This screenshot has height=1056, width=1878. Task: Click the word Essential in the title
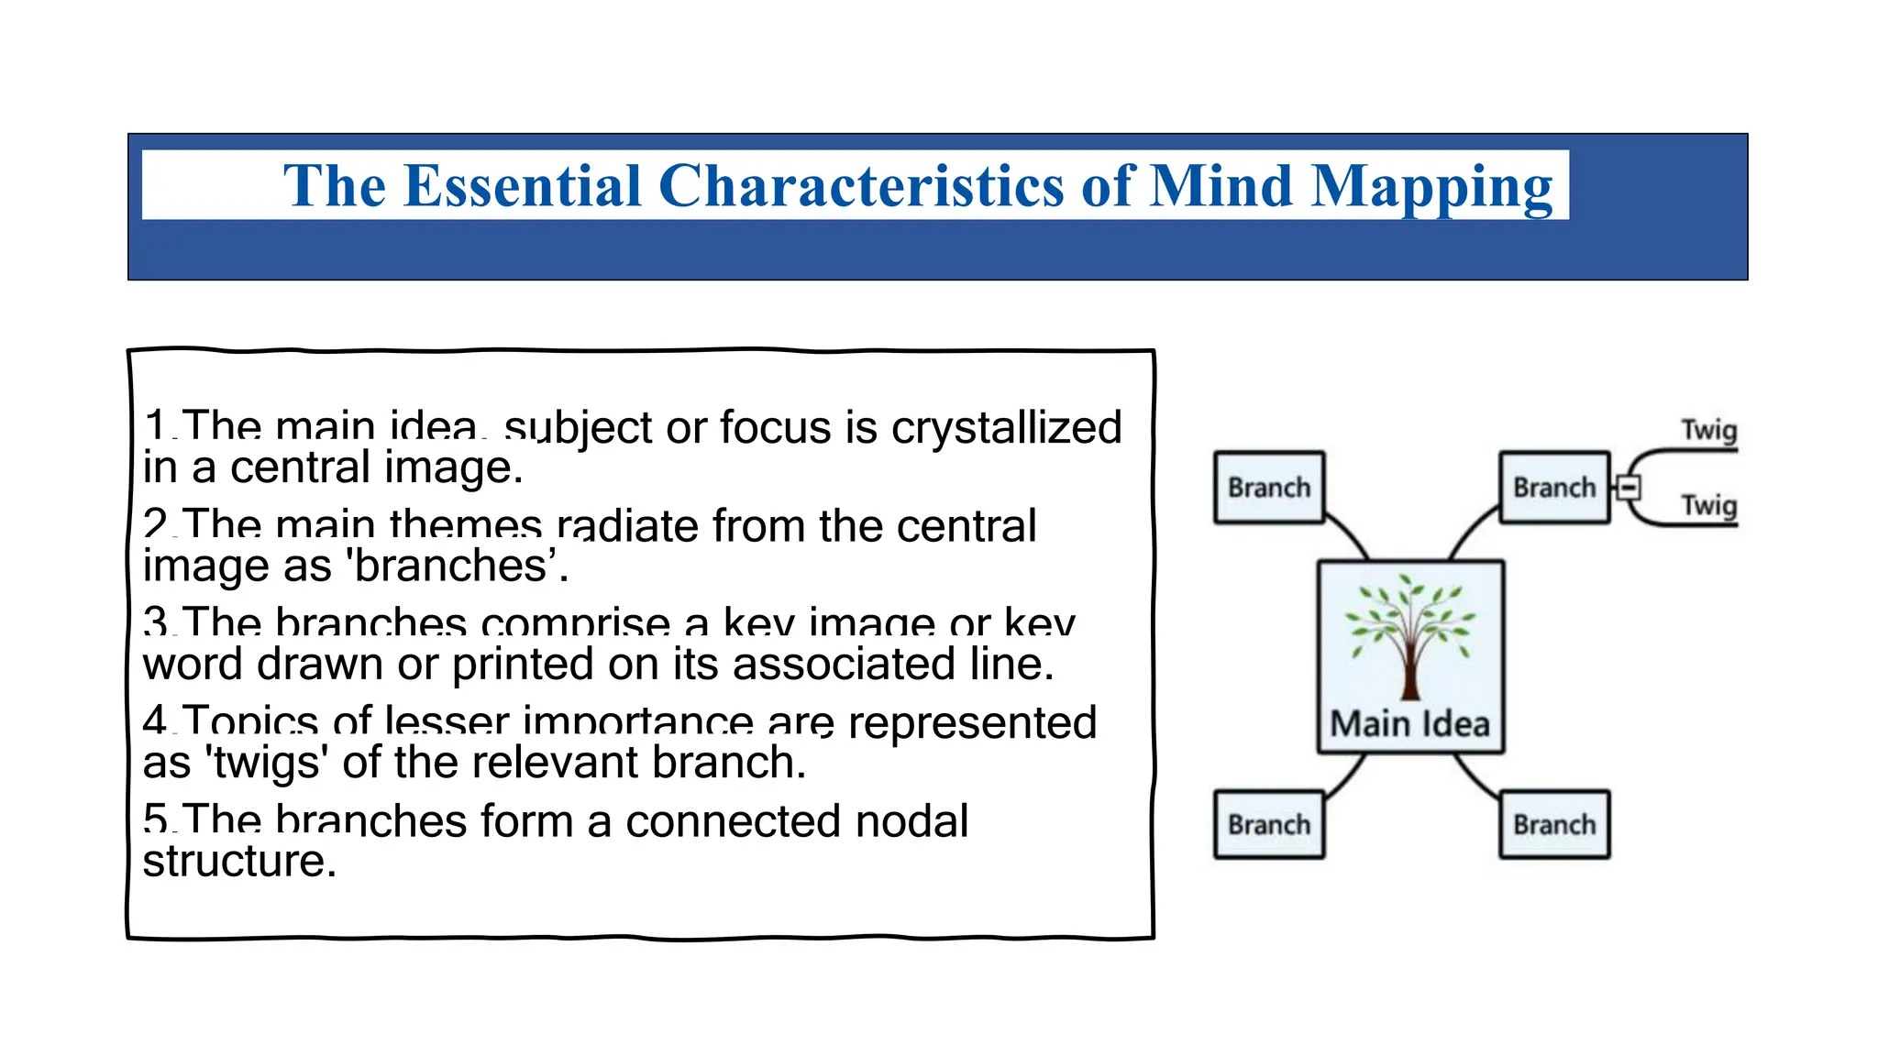(522, 186)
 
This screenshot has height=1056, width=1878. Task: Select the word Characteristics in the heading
(862, 186)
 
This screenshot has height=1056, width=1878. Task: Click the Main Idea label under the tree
(1409, 724)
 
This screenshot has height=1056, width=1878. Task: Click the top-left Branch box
(1269, 488)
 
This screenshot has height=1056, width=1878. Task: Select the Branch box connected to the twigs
(1554, 488)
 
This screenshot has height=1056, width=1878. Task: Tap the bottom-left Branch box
(1269, 825)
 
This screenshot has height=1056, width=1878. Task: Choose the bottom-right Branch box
(1554, 825)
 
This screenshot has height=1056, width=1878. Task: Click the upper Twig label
(1708, 430)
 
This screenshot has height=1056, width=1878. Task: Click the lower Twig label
(1708, 505)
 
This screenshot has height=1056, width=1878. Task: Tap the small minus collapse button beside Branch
(1629, 488)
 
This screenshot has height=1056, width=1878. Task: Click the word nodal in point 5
(911, 821)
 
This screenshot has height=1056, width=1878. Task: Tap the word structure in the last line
(239, 861)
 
